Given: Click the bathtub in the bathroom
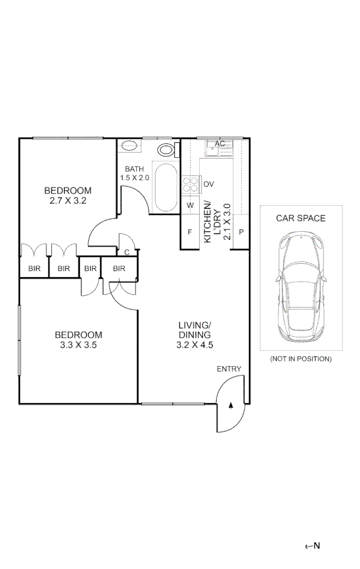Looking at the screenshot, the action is [166, 187].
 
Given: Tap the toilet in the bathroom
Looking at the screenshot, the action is [169, 150].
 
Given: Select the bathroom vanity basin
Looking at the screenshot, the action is [129, 146].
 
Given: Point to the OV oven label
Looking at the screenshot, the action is [209, 184].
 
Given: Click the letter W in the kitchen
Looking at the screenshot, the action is [190, 205].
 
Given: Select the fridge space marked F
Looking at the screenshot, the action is [190, 232].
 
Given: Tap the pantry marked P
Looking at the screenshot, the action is [241, 232].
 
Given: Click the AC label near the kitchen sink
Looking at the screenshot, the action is [220, 144].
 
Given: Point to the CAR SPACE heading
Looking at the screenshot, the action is [301, 218].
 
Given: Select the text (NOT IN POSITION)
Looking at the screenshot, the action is [301, 359].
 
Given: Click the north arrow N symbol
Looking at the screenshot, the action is [313, 546].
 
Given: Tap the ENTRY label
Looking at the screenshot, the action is [229, 369].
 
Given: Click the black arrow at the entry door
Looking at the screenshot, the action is [231, 406].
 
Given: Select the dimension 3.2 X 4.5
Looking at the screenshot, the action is [195, 345].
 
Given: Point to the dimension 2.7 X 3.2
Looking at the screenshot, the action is [68, 200].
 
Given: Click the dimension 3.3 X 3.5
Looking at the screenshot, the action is [78, 345].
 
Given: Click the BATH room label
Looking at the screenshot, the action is [134, 169].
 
